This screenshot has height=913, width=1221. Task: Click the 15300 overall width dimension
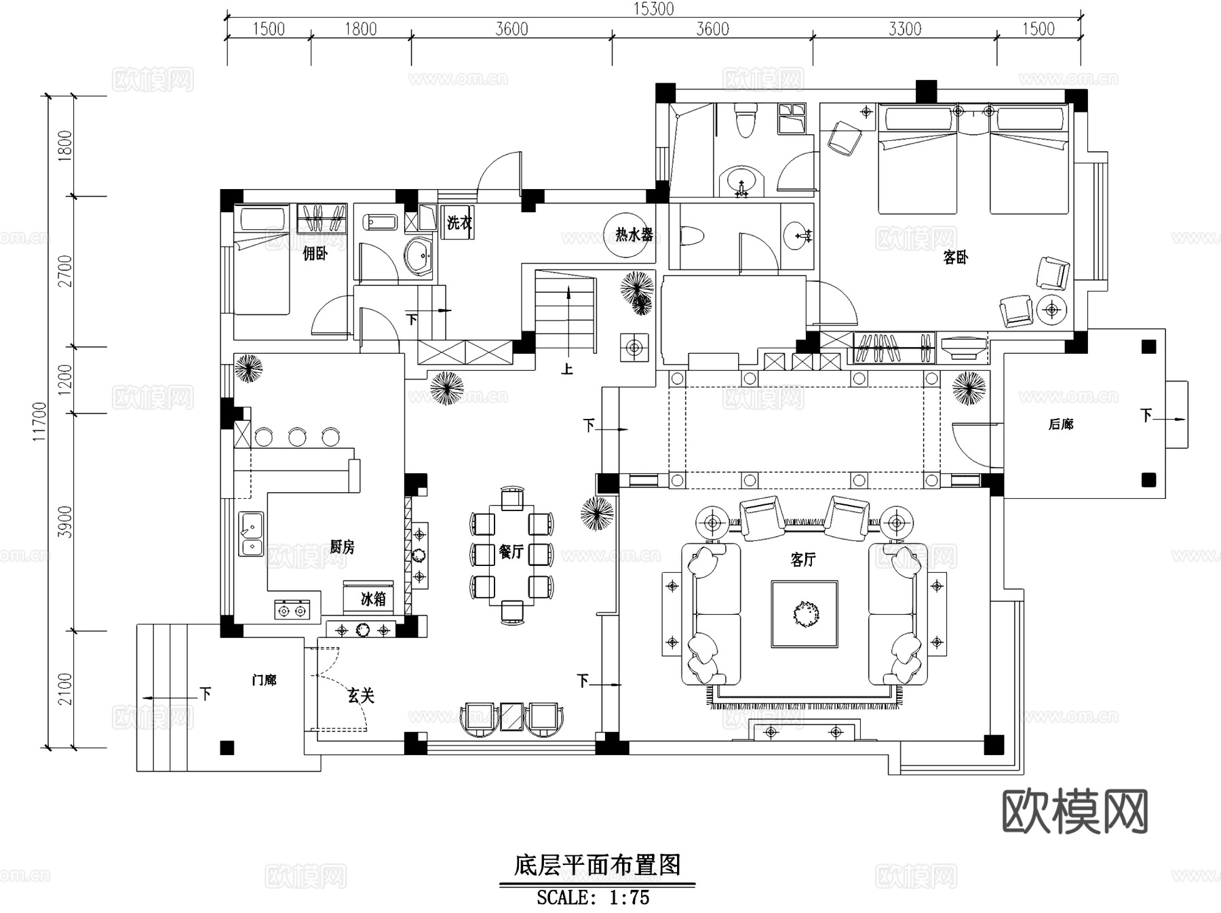(x=653, y=8)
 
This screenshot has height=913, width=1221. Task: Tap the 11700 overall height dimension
(x=39, y=422)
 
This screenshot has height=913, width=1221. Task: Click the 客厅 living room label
(x=803, y=560)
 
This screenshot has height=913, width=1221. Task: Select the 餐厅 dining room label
(x=511, y=552)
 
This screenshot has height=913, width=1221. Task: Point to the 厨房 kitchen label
(x=342, y=546)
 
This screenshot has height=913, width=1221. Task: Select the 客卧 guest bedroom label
(x=955, y=258)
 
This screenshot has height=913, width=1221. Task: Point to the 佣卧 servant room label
(x=315, y=253)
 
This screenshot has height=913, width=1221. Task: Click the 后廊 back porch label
(x=1060, y=424)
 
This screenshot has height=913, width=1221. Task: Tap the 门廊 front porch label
(x=264, y=680)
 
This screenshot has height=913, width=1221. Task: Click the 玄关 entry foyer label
(x=361, y=695)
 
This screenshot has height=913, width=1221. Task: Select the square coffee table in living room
(x=804, y=614)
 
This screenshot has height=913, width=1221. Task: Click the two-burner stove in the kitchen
(x=292, y=610)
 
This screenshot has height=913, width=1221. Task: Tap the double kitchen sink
(x=251, y=534)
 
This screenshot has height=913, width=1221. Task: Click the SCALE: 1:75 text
(x=593, y=897)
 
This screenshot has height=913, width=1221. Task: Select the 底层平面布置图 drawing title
(x=597, y=866)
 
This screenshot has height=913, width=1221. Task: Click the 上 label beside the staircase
(x=566, y=369)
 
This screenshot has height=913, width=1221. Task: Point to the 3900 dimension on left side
(x=64, y=521)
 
